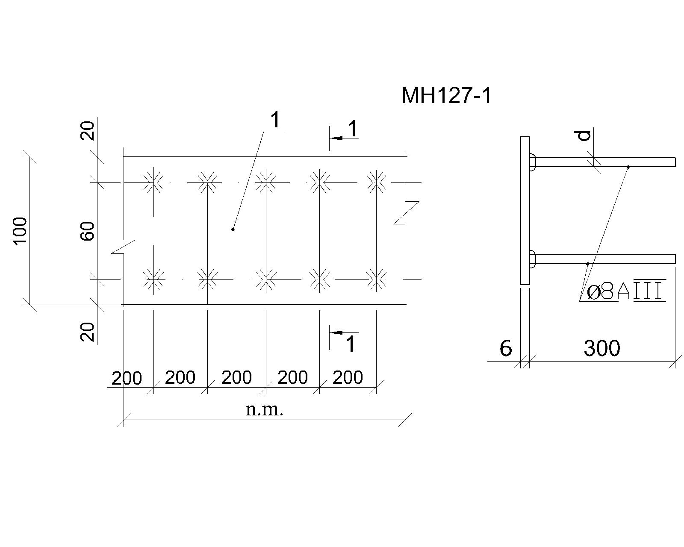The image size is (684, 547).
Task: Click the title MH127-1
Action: [446, 96]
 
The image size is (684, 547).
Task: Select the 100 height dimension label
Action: [21, 231]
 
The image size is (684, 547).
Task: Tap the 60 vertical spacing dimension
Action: [87, 231]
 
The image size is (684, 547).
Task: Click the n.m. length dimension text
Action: [265, 410]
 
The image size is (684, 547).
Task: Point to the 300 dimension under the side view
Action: [602, 348]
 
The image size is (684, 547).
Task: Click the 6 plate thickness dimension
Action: [506, 348]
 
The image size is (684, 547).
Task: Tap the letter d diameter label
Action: [584, 135]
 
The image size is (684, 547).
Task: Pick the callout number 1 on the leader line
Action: [275, 121]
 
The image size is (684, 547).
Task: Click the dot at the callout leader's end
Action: [233, 229]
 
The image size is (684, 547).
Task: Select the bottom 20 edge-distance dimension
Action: [87, 332]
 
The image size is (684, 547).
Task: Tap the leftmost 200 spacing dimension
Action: [127, 378]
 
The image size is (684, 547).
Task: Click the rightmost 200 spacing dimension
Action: [348, 377]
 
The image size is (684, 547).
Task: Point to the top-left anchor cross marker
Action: [154, 183]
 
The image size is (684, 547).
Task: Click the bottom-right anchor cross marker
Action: [377, 280]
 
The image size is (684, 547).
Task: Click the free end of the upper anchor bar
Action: [675, 162]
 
